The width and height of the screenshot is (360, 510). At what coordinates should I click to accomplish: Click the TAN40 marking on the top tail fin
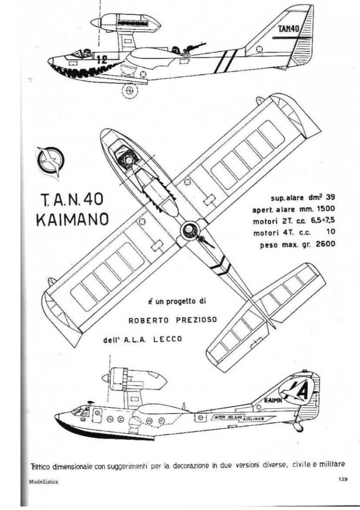point(289,29)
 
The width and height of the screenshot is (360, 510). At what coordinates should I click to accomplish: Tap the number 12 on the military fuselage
point(102,60)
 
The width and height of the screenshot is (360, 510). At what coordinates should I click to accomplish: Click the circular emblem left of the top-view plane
point(51,161)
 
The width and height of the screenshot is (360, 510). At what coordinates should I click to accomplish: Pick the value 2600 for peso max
point(325,244)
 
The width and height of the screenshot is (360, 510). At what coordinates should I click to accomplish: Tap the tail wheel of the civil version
point(299,427)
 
